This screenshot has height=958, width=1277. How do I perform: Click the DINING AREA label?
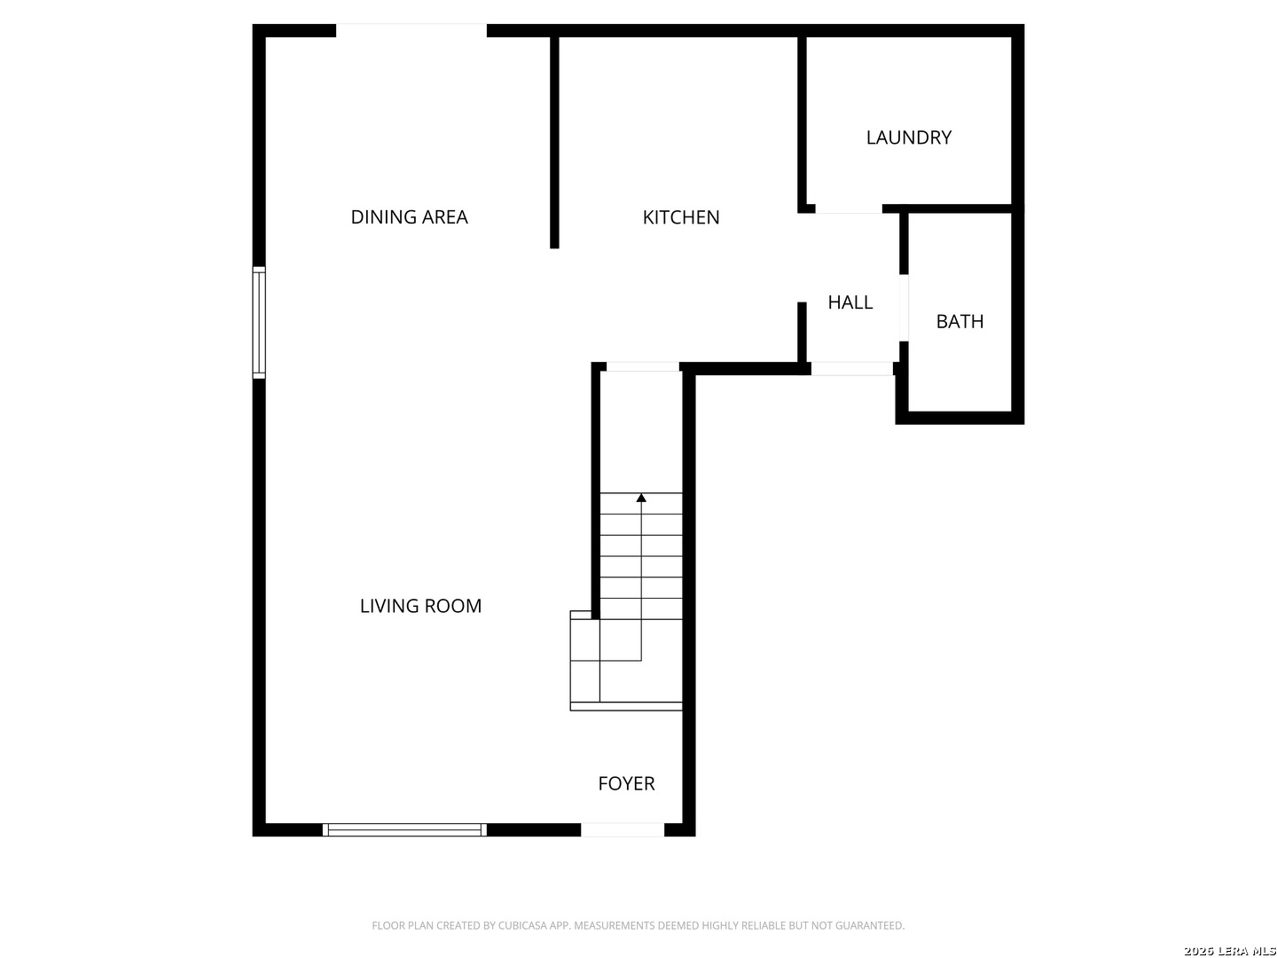click(x=409, y=217)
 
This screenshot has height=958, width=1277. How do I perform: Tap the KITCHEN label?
click(x=681, y=217)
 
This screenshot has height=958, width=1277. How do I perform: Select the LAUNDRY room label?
click(x=909, y=137)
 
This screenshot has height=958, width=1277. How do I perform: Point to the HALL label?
click(x=850, y=302)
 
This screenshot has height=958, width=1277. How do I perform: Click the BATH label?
click(x=960, y=322)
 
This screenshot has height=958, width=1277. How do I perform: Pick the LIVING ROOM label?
click(x=420, y=606)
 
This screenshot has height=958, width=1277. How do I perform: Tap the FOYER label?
click(x=626, y=783)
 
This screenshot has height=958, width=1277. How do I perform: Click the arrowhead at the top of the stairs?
click(x=641, y=498)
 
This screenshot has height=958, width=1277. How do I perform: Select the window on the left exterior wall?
click(x=259, y=323)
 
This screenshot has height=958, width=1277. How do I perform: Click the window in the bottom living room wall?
click(x=404, y=830)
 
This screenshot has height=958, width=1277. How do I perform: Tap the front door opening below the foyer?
click(x=623, y=830)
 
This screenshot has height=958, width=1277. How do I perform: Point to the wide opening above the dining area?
click(x=411, y=30)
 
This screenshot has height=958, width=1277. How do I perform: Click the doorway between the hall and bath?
click(x=904, y=308)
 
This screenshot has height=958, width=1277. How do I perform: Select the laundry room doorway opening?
click(x=849, y=208)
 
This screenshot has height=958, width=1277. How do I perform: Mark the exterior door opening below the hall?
click(x=851, y=368)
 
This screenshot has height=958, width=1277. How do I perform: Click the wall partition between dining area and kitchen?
click(x=554, y=143)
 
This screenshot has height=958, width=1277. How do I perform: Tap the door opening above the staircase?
click(x=643, y=366)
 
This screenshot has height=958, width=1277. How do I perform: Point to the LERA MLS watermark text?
click(x=1229, y=951)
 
